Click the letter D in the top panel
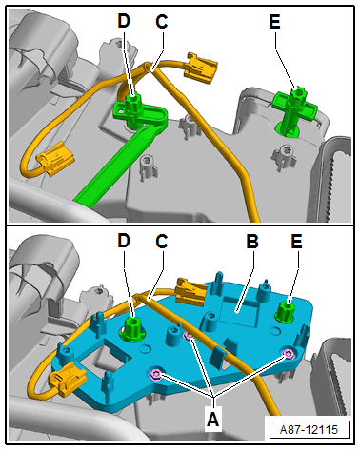point(124,21)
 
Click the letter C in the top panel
point(162,22)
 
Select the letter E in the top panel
point(275,22)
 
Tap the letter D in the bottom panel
point(124,241)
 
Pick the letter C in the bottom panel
point(162,241)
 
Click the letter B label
point(252,241)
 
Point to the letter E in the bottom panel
point(297,241)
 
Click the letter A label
point(213,419)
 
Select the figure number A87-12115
point(309,430)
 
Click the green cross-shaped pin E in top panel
point(294,109)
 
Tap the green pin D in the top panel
point(133,109)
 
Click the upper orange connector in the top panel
point(201,68)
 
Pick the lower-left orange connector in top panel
point(55,158)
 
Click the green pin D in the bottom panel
point(133,328)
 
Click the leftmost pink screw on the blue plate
point(156,375)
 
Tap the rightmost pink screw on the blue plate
point(289,354)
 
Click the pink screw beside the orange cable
point(188,336)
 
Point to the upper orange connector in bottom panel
point(191,291)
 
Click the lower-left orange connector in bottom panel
point(68,379)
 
